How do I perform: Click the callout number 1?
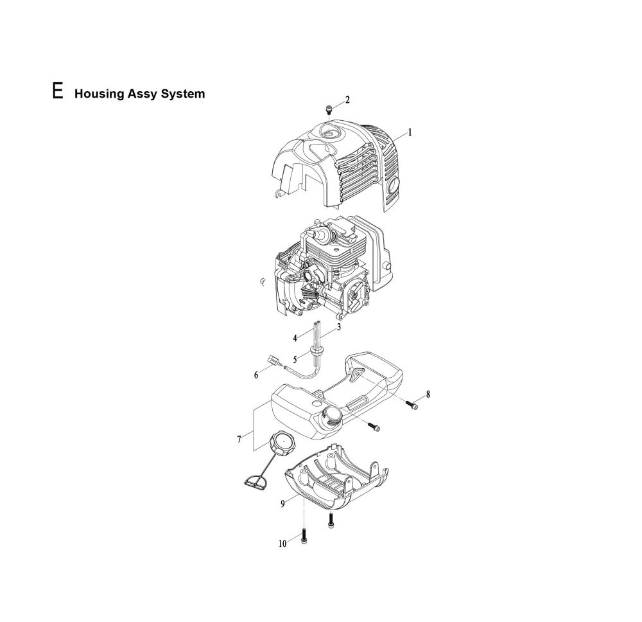(x=410, y=133)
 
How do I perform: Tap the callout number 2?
(x=347, y=100)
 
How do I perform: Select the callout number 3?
(x=338, y=326)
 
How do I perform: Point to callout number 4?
(x=295, y=337)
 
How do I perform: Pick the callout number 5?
(x=296, y=359)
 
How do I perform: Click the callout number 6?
(x=257, y=375)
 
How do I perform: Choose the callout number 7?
(x=239, y=439)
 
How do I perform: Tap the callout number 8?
(x=428, y=394)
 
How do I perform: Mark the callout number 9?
(x=282, y=504)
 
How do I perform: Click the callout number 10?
(x=282, y=544)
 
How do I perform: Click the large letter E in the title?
(x=58, y=91)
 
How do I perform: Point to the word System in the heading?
(x=184, y=94)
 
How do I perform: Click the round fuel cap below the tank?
(x=281, y=443)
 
